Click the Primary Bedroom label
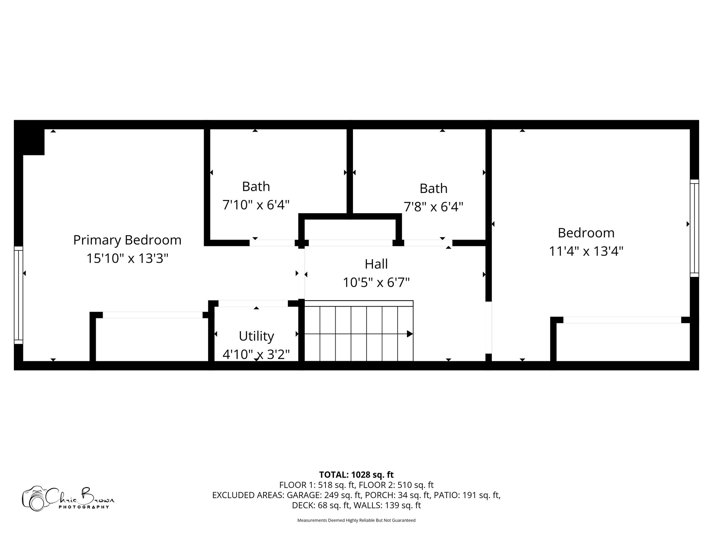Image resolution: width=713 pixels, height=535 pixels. click(x=127, y=240)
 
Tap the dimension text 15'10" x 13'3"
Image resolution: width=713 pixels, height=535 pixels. click(x=127, y=258)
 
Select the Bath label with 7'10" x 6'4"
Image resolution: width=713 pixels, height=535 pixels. click(x=256, y=187)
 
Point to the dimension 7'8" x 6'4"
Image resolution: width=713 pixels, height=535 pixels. click(x=433, y=207)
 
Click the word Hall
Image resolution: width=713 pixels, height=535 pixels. click(x=376, y=264)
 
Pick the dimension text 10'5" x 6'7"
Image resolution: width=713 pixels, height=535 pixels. click(x=376, y=282)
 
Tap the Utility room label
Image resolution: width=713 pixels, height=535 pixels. click(x=256, y=336)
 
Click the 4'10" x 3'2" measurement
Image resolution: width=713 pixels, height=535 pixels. click(x=256, y=355)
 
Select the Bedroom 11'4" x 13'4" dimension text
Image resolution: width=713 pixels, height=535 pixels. click(x=586, y=251)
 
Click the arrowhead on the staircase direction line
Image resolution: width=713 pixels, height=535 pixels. click(x=410, y=334)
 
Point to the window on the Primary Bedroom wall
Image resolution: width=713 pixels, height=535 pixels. click(x=18, y=295)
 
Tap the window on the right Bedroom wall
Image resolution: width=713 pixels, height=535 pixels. click(x=694, y=228)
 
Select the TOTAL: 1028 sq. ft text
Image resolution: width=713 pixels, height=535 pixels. click(x=356, y=475)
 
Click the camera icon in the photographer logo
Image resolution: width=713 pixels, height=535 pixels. click(x=34, y=499)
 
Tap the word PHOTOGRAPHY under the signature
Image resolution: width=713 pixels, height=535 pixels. click(x=84, y=507)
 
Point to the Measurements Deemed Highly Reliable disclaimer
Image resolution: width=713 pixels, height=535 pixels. click(x=356, y=520)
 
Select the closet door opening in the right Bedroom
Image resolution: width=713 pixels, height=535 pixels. click(x=622, y=320)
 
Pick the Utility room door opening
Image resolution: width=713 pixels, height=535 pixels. click(x=253, y=303)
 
